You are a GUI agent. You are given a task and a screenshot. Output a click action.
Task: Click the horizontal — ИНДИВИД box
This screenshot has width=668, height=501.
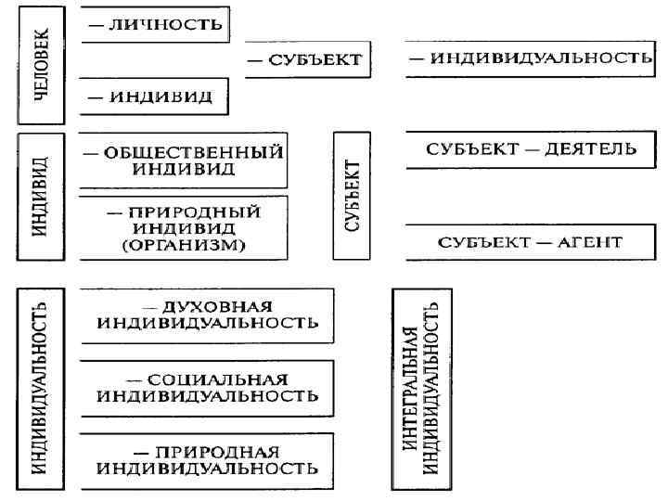point(154,95)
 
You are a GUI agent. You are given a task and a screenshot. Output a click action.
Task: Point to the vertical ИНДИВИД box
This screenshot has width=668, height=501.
point(40,198)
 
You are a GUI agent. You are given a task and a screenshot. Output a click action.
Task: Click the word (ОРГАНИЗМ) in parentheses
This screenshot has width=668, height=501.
point(183,245)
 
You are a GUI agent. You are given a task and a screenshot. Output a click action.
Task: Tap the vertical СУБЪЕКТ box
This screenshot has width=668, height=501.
point(352,197)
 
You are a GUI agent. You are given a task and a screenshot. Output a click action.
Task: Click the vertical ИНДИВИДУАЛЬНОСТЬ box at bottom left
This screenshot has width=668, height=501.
point(40,389)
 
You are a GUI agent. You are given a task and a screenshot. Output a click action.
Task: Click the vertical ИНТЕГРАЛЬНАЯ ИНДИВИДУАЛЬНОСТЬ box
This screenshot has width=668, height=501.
point(422,388)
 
